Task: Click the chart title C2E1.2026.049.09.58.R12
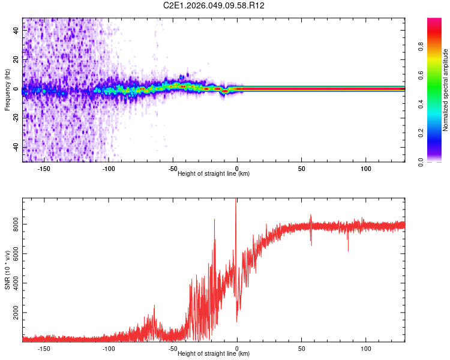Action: tap(214, 5)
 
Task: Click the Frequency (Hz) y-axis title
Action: tap(7, 90)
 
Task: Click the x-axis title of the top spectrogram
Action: tap(214, 173)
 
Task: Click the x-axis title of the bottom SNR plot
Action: tap(214, 353)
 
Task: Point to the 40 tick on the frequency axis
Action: tap(16, 31)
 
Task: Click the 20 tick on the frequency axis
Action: tap(16, 60)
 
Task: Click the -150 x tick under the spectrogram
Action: tap(44, 169)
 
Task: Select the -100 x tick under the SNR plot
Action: tap(109, 348)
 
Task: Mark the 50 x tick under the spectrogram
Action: tap(302, 169)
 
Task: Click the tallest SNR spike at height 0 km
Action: tap(236, 201)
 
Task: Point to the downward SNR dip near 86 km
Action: tap(348, 249)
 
